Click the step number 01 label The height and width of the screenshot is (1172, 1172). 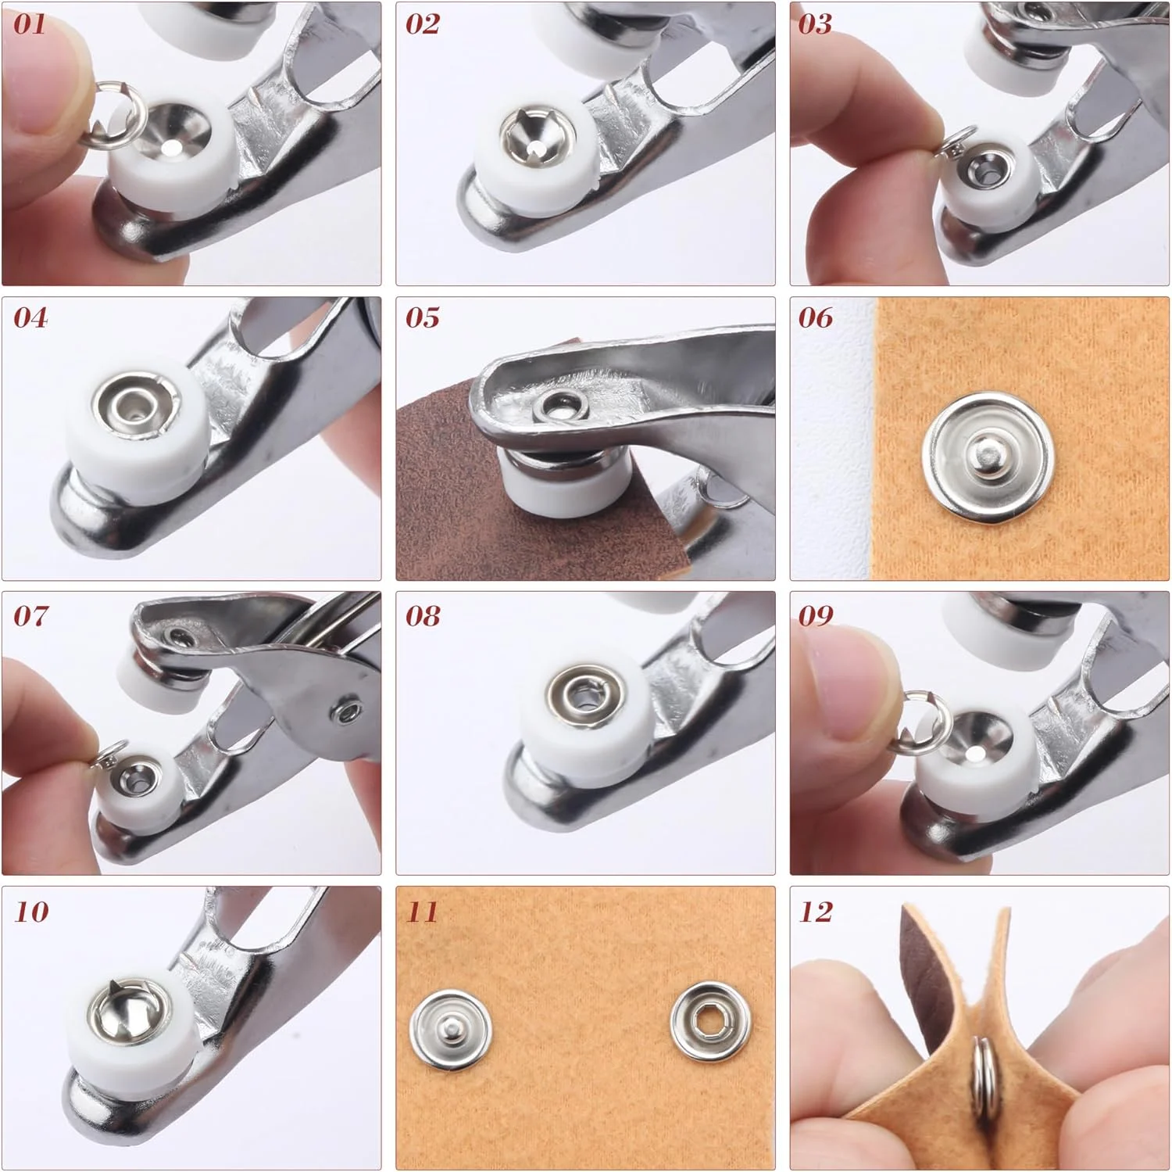coord(30,23)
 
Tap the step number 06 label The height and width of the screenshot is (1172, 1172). coord(816,317)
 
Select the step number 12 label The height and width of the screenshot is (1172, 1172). coord(816,912)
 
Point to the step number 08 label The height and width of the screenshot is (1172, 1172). coord(423,616)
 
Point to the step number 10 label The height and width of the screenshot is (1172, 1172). coord(31,912)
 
